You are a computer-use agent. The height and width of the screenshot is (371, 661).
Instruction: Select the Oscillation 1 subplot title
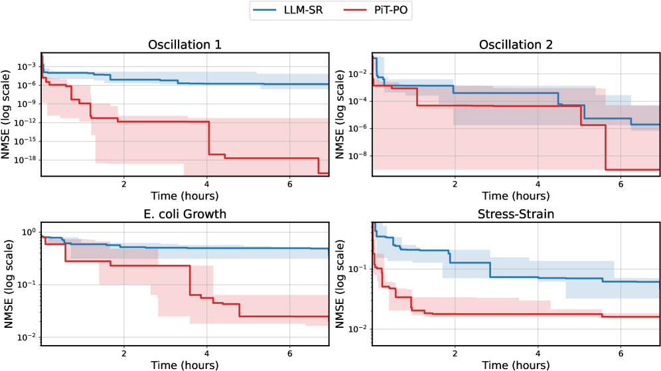point(186,46)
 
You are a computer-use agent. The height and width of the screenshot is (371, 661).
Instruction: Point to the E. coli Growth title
point(186,214)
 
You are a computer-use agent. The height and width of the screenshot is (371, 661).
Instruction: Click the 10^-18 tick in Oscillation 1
point(26,160)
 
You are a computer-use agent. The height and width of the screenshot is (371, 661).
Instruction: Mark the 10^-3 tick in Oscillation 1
point(28,66)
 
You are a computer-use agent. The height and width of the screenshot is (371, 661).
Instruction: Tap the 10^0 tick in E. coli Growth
point(29,232)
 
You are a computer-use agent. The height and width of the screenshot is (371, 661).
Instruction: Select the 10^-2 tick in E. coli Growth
point(28,337)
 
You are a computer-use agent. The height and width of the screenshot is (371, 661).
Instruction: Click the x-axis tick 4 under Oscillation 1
point(207,183)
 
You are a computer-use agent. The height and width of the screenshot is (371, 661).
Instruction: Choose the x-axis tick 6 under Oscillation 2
point(620,183)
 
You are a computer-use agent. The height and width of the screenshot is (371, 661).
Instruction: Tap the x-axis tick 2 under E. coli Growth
point(124,351)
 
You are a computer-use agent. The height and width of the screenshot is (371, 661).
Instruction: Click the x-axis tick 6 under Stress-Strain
point(620,351)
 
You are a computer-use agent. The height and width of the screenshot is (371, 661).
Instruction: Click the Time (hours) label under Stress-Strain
point(516,364)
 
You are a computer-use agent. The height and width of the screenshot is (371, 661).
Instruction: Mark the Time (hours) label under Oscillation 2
point(516,196)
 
